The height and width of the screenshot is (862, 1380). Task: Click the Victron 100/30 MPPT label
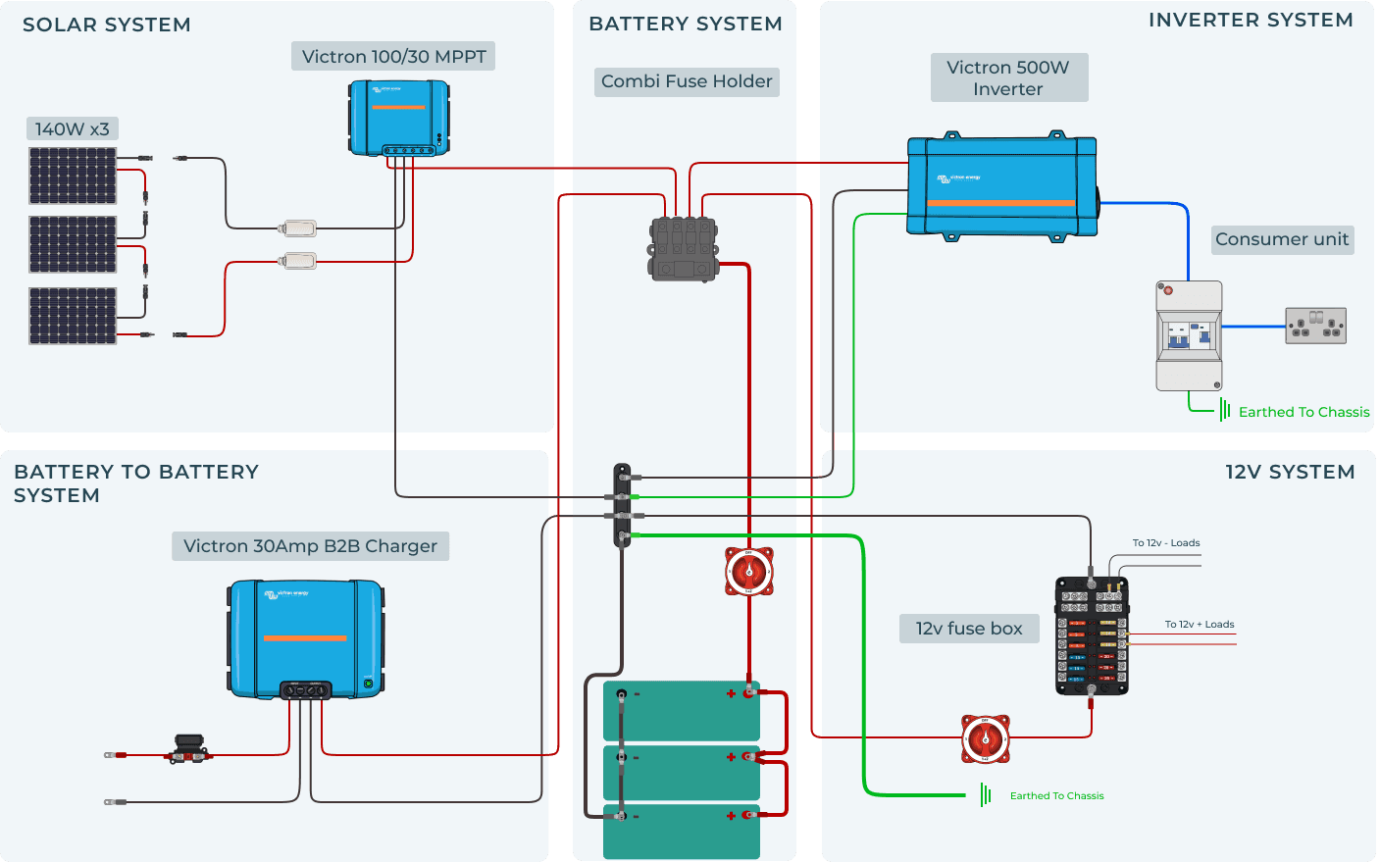[x=393, y=57]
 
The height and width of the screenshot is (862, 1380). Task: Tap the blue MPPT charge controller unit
[x=399, y=118]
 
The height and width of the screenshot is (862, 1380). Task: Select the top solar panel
[x=73, y=176]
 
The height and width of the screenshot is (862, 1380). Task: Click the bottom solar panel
[x=73, y=316]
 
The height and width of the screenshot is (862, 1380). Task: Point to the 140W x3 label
[x=72, y=129]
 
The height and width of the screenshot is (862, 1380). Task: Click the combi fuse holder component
[x=684, y=249]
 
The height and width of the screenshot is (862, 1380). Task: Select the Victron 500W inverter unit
[x=1001, y=185]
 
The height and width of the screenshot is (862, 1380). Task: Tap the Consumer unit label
[x=1282, y=239]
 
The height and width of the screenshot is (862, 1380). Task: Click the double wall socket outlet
[x=1315, y=326]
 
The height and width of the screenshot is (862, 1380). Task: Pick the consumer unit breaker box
[x=1189, y=336]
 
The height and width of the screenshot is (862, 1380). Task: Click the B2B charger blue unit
[x=305, y=638]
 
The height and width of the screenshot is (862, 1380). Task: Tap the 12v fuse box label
[x=969, y=629]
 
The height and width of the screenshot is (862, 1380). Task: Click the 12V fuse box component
[x=1092, y=635]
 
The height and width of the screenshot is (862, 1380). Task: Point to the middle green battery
[x=682, y=773]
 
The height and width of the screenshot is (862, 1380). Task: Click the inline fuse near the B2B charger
[x=187, y=750]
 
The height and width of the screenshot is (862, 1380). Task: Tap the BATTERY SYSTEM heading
[x=685, y=25]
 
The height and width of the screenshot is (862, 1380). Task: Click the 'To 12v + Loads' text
[x=1199, y=625]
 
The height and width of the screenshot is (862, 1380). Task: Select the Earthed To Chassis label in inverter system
[x=1303, y=412]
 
